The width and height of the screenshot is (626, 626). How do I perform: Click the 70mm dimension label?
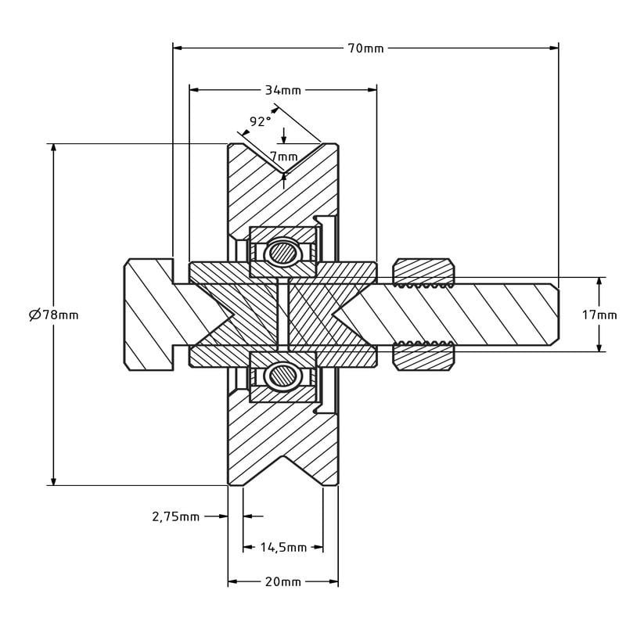pyautogui.click(x=365, y=48)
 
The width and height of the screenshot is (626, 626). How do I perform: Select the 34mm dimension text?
pyautogui.click(x=282, y=90)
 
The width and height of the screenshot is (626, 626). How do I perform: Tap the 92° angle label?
pyautogui.click(x=260, y=121)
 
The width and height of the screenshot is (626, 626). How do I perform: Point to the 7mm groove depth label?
pyautogui.click(x=283, y=156)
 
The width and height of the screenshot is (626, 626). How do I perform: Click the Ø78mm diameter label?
pyautogui.click(x=53, y=315)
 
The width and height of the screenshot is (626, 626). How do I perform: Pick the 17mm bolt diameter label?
pyautogui.click(x=599, y=315)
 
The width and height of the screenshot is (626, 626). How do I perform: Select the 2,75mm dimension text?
pyautogui.click(x=176, y=516)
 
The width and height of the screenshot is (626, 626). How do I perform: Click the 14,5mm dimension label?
pyautogui.click(x=283, y=548)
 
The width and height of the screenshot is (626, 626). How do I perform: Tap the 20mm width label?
pyautogui.click(x=283, y=582)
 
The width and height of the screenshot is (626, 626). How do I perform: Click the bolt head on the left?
pyautogui.click(x=148, y=315)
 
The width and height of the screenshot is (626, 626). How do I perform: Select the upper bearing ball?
pyautogui.click(x=281, y=253)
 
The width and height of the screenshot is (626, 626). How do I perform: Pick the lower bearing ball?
pyautogui.click(x=281, y=376)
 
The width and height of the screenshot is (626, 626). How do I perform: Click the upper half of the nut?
pyautogui.click(x=423, y=272)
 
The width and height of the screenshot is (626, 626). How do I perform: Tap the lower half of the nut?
pyautogui.click(x=423, y=358)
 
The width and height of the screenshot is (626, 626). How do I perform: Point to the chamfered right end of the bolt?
pyautogui.click(x=554, y=315)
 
